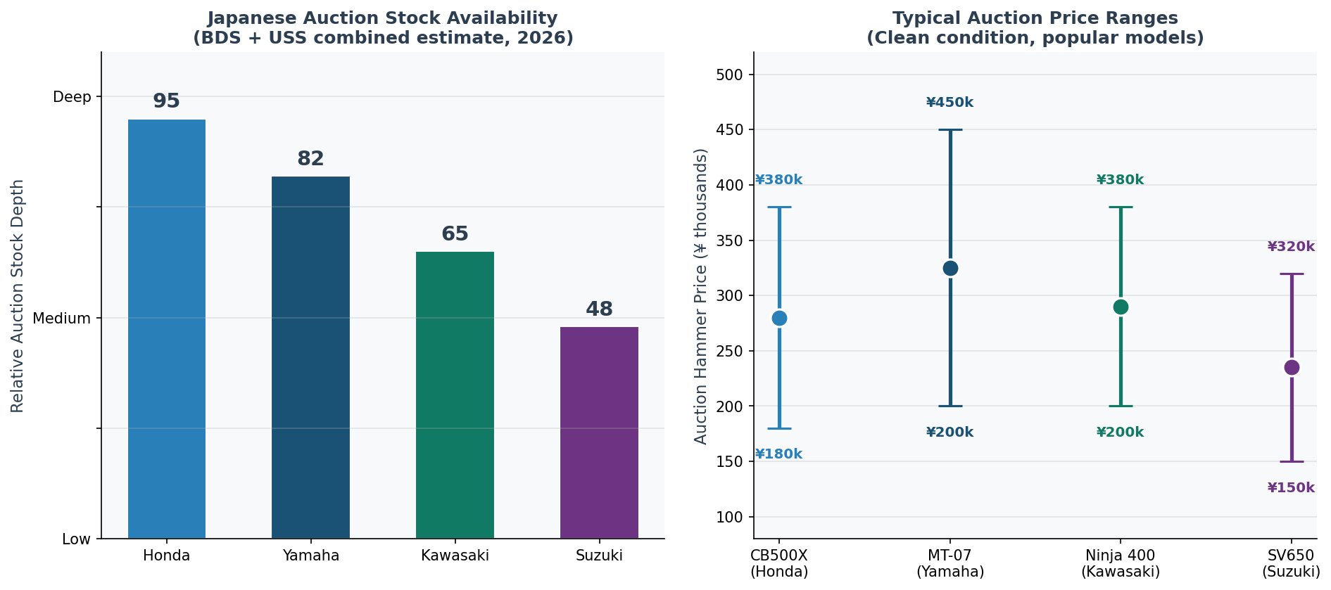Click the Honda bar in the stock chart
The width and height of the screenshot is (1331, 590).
167,329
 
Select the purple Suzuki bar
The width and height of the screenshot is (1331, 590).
599,432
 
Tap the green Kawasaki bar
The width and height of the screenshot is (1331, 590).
455,395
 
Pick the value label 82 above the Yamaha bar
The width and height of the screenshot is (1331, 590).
310,159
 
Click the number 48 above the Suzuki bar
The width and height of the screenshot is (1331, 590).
599,309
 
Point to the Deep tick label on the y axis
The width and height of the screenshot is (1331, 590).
72,97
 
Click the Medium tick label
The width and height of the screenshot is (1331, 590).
62,319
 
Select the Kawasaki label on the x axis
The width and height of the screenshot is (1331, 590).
455,556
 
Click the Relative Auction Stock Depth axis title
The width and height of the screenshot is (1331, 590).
18,296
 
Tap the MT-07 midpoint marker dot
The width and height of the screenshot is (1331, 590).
950,269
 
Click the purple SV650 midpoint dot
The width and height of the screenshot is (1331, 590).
1292,368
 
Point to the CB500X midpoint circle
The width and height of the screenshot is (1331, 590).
779,319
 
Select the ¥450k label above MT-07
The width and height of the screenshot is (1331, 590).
950,103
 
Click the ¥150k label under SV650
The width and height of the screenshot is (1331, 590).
1291,488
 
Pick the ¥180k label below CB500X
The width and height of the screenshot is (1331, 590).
778,454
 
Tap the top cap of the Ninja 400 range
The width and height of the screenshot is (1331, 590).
1121,207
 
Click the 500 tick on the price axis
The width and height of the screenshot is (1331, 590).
733,75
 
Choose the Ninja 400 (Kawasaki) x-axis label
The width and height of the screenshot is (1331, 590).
1121,563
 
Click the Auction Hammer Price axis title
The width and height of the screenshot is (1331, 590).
701,296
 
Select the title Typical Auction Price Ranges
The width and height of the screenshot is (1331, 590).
1035,18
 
